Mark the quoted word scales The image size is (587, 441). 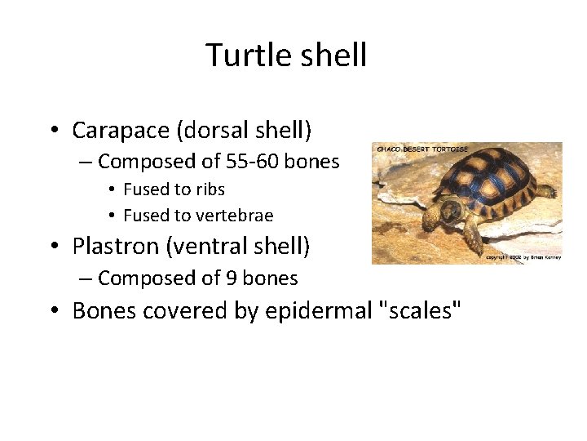point(418,311)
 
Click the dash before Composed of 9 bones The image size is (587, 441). point(86,278)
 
